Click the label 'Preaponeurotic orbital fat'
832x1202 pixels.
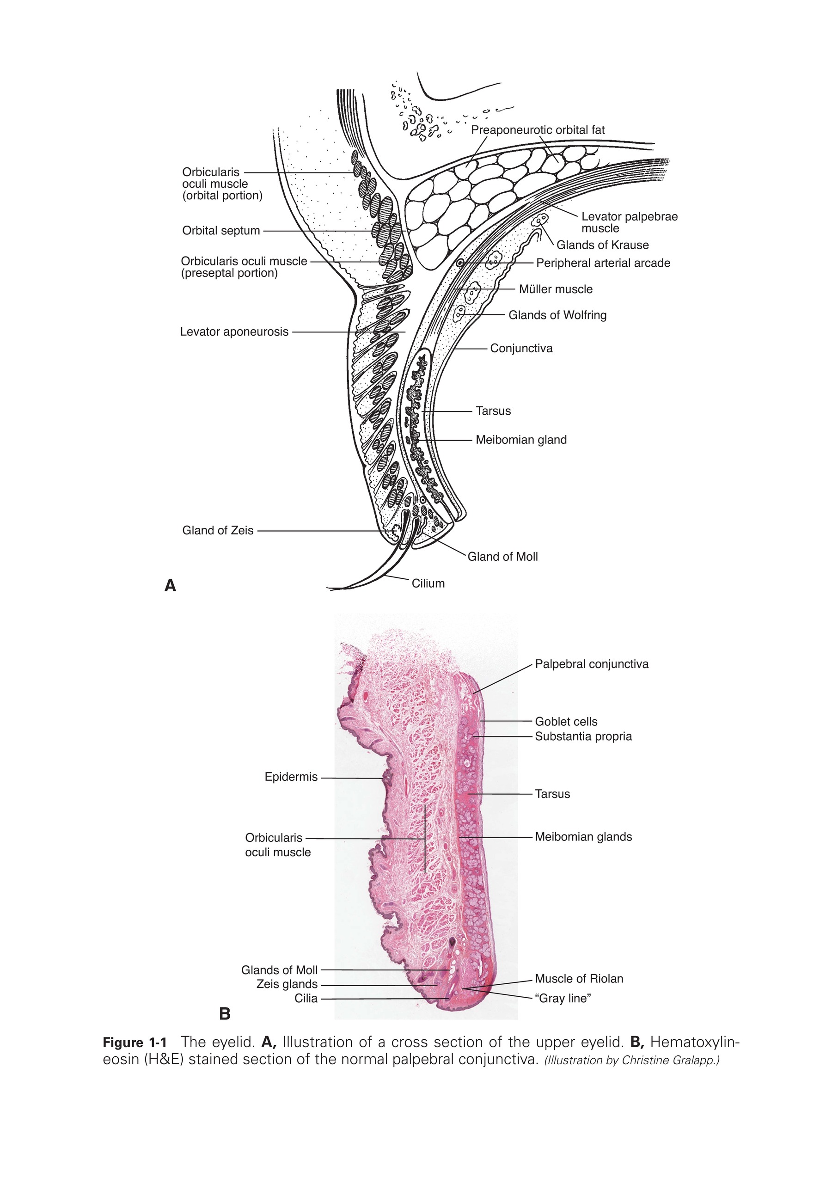pyautogui.click(x=538, y=130)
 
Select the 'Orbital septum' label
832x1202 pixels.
pyautogui.click(x=221, y=230)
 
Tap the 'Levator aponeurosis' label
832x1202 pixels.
pyautogui.click(x=234, y=331)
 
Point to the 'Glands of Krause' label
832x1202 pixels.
pyautogui.click(x=603, y=245)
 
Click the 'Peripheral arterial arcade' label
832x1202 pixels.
pyautogui.click(x=603, y=263)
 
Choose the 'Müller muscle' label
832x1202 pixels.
pyautogui.click(x=556, y=289)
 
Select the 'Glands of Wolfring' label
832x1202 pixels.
pyautogui.click(x=557, y=315)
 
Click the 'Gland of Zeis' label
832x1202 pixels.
pyautogui.click(x=218, y=530)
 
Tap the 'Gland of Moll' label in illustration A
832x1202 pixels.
pyautogui.click(x=502, y=557)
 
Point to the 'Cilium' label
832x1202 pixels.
pyautogui.click(x=428, y=583)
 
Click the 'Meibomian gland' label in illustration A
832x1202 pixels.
pyautogui.click(x=521, y=440)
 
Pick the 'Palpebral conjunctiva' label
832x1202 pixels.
pyautogui.click(x=592, y=664)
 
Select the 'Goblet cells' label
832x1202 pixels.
pyautogui.click(x=566, y=722)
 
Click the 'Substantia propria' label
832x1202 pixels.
pyautogui.click(x=583, y=736)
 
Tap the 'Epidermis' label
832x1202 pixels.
pyautogui.click(x=291, y=777)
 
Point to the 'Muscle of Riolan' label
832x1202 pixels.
pyautogui.click(x=579, y=979)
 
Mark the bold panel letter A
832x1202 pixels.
pyautogui.click(x=170, y=586)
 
